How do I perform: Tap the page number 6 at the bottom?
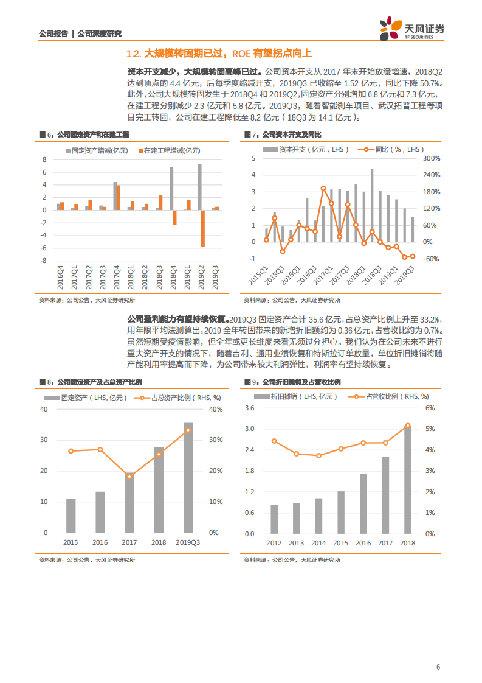point(438,667)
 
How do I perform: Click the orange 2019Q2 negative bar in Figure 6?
point(203,228)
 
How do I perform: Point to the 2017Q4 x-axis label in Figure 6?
point(115,276)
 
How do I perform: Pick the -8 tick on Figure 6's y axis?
point(44,261)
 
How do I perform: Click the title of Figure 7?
point(282,134)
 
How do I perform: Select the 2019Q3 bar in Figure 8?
point(188,478)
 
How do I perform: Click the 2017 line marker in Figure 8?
point(129,476)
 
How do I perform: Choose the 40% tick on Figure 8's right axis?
point(215,408)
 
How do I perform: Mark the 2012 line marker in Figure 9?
point(274,441)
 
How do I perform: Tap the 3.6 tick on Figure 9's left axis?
point(249,408)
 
